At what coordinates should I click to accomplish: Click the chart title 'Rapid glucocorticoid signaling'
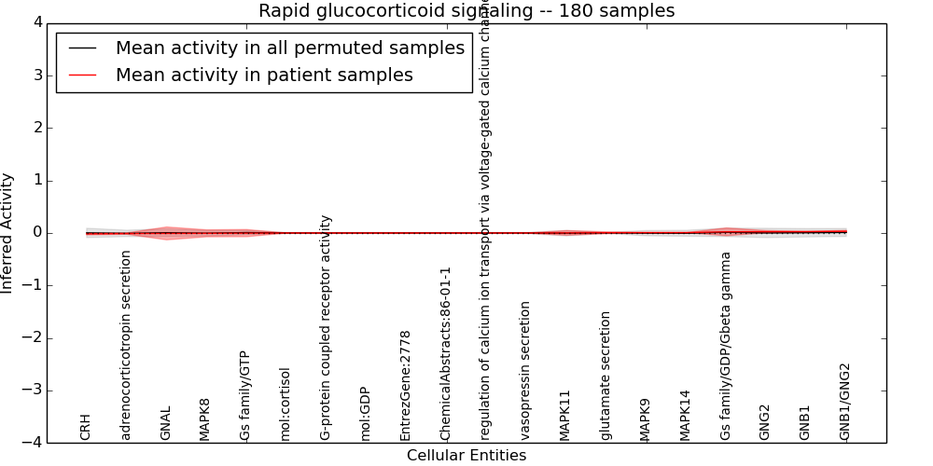466,11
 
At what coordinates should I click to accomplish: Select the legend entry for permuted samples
289,48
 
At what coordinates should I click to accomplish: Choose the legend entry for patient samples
264,75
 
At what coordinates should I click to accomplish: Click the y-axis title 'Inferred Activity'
8,233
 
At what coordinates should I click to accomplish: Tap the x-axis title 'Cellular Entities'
466,456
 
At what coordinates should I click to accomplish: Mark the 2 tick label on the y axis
35,128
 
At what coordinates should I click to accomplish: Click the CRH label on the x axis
86,427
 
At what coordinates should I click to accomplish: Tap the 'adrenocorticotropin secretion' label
126,345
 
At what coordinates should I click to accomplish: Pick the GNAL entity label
166,422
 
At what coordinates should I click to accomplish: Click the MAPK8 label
205,419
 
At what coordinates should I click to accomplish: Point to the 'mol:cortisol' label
285,404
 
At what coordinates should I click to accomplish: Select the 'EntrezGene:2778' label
405,385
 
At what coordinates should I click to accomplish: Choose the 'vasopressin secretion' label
525,370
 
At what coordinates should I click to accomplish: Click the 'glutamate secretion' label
606,376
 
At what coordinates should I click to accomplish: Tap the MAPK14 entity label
686,415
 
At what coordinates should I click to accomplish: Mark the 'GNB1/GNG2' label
845,401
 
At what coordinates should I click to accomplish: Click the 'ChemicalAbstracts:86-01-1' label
446,353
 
